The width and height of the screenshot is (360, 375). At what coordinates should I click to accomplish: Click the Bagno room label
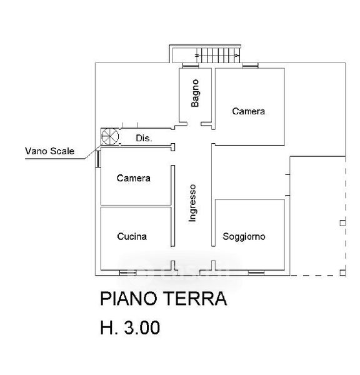[195, 93]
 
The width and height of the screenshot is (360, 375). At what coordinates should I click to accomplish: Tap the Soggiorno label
[244, 236]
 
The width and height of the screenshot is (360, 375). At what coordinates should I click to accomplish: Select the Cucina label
[132, 236]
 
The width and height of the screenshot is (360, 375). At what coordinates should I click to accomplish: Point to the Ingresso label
[192, 203]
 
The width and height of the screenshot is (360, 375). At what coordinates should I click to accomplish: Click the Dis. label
[144, 138]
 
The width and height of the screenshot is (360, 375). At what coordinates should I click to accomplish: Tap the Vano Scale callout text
[50, 151]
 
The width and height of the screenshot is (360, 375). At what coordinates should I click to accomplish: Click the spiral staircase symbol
[110, 136]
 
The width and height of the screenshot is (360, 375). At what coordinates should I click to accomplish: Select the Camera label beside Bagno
[249, 111]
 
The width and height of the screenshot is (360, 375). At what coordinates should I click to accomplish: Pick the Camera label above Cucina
[134, 178]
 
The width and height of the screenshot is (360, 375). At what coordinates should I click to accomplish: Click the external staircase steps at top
[218, 55]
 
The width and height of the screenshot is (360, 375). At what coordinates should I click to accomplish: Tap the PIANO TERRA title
[164, 299]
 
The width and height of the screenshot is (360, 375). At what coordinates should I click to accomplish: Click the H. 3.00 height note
[130, 327]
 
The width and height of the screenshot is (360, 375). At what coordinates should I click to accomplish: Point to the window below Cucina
[127, 272]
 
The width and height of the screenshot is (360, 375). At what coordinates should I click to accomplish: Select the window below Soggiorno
[256, 272]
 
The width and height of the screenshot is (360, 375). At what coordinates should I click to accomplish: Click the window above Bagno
[191, 65]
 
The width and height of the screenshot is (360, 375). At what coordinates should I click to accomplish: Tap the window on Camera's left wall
[98, 159]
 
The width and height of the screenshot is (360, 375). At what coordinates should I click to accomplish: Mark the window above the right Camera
[251, 65]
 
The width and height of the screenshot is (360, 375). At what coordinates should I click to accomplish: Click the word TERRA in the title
[195, 299]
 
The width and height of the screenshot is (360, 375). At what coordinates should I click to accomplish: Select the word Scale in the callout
[62, 151]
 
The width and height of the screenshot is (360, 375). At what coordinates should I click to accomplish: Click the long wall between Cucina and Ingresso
[172, 206]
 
